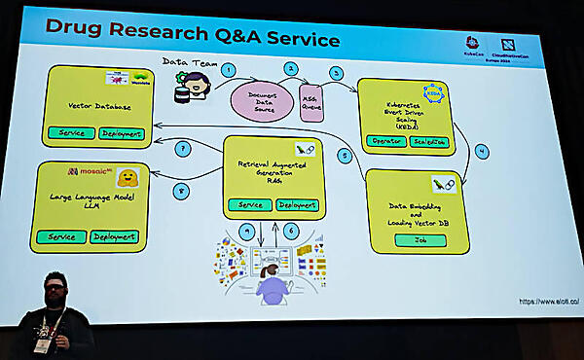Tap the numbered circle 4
(481, 152)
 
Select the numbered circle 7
(182, 150)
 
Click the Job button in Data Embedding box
(421, 239)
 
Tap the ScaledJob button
(431, 142)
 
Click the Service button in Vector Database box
(70, 133)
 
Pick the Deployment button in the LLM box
(115, 236)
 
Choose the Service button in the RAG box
(250, 205)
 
